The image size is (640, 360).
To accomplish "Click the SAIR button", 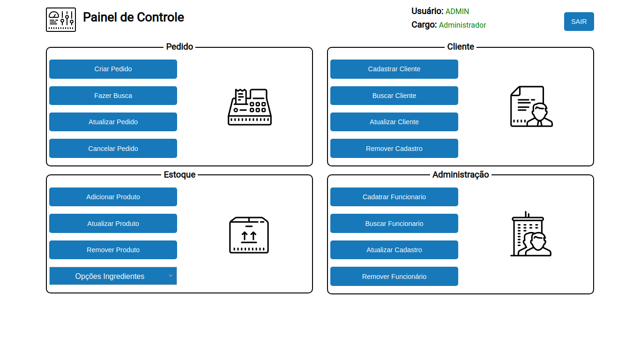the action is click(x=579, y=22).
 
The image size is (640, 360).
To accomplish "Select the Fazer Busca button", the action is click(x=113, y=96).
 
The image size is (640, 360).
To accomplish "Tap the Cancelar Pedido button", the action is click(x=113, y=149).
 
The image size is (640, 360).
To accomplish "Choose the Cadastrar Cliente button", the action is click(x=394, y=69).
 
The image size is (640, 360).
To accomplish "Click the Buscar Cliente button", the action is click(x=394, y=96).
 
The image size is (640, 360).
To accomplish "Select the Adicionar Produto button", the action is click(x=113, y=197).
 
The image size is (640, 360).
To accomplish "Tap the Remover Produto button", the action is click(x=113, y=250).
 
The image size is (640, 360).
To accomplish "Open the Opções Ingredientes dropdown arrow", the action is click(x=171, y=276).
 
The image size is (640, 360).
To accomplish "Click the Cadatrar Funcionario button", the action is click(x=394, y=197).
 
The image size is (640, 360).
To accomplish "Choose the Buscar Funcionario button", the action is click(x=394, y=223).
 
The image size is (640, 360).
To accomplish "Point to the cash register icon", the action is click(x=249, y=107).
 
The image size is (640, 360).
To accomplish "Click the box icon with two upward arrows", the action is click(x=249, y=235).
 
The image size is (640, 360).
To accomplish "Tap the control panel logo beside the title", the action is click(x=61, y=20).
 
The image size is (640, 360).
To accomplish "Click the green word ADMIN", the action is click(x=457, y=11).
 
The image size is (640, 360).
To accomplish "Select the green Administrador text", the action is click(x=462, y=25).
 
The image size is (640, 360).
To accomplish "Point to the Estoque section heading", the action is click(x=179, y=174).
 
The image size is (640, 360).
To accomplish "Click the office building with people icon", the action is click(x=531, y=233).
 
